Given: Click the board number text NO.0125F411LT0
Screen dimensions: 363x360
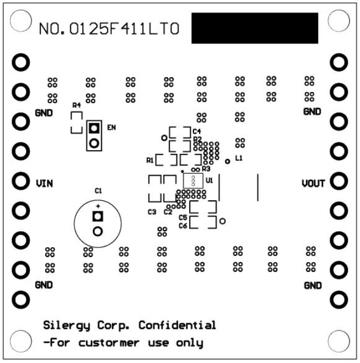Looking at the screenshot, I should (x=109, y=28).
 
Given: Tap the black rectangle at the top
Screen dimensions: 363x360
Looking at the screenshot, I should (x=254, y=28).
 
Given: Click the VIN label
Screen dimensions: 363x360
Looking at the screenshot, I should (x=45, y=182).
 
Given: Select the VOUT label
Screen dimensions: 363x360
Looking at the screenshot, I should (x=315, y=182).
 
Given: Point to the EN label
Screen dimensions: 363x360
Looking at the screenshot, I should (x=112, y=128).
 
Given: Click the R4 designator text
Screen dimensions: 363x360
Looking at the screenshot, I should (x=77, y=105).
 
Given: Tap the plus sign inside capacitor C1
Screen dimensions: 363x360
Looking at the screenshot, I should (x=98, y=205).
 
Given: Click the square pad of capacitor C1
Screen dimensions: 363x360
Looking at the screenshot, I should (x=98, y=216).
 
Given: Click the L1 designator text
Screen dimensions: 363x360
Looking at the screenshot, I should (x=239, y=158).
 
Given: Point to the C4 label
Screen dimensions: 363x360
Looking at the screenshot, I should (x=197, y=131).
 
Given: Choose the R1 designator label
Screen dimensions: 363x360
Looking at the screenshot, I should (x=150, y=161).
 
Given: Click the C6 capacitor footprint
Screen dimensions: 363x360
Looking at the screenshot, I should (x=202, y=222).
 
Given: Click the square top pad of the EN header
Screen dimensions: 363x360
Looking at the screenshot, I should (x=94, y=129).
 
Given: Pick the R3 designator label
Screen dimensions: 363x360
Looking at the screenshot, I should (x=206, y=168).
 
